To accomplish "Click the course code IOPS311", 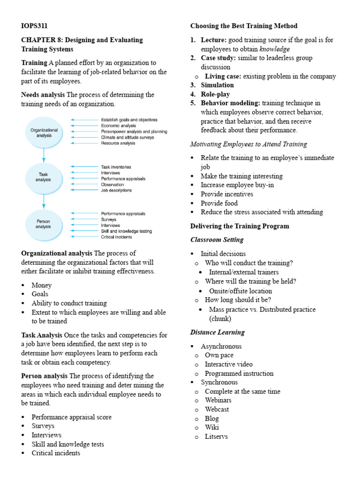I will (34, 26).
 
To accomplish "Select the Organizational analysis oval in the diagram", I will (44, 133).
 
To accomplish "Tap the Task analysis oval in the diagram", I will (44, 177).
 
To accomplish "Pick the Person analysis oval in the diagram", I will (44, 224).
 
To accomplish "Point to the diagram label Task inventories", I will (116, 167).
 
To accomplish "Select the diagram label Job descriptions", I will (116, 190).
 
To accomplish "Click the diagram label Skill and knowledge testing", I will (126, 231).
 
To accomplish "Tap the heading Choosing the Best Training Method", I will (244, 26).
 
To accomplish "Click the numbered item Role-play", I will (215, 94).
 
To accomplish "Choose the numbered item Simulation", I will (217, 85).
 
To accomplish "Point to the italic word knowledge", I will (275, 49).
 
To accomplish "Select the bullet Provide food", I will (219, 203).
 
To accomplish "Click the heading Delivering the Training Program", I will (240, 226).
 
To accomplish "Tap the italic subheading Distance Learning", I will (217, 332).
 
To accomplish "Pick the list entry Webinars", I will (218, 400).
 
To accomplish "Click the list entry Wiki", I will (211, 427).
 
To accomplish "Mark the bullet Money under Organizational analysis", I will (41, 285).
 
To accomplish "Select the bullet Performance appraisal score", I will (71, 417).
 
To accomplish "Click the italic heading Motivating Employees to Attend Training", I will (248, 144).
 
